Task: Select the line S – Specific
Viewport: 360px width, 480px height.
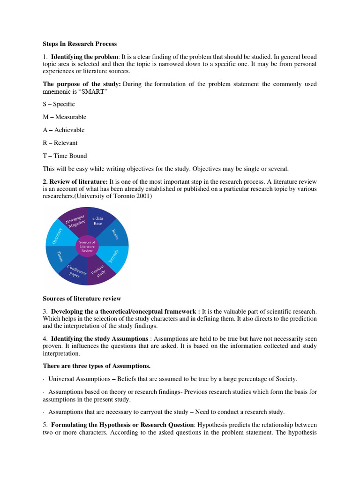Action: click(x=59, y=104)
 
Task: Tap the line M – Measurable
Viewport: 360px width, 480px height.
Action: click(x=64, y=117)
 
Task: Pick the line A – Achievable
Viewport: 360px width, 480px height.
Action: click(x=64, y=130)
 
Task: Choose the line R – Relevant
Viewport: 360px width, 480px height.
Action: click(x=60, y=143)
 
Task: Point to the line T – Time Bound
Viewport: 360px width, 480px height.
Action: click(x=65, y=156)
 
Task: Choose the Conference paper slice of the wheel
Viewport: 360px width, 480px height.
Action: click(x=75, y=271)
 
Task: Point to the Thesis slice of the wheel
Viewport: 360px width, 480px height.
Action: click(x=60, y=257)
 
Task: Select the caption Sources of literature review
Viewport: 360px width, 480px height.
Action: click(x=82, y=298)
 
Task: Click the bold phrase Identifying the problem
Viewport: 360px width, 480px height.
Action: click(x=85, y=57)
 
